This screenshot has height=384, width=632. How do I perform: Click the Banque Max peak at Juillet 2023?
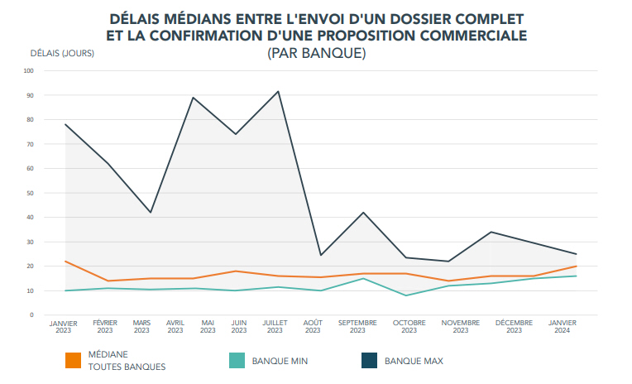278,91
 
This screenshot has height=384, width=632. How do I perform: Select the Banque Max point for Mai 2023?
193,98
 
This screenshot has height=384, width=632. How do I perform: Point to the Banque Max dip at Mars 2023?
151,213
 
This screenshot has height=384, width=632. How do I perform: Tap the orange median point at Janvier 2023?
65,262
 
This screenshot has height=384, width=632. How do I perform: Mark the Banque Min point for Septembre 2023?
363,278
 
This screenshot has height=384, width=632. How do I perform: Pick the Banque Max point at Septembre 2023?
363,213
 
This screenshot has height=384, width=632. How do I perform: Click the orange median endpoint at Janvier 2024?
577,266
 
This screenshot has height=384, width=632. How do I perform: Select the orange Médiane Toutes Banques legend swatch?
73,361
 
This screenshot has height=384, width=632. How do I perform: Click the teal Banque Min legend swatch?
236,361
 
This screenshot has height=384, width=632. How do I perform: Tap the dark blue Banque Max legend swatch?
369,361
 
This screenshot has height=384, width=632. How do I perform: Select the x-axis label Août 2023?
313,327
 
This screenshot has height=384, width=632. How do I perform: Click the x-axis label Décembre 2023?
514,327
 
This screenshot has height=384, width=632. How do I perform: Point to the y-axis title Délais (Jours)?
62,54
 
